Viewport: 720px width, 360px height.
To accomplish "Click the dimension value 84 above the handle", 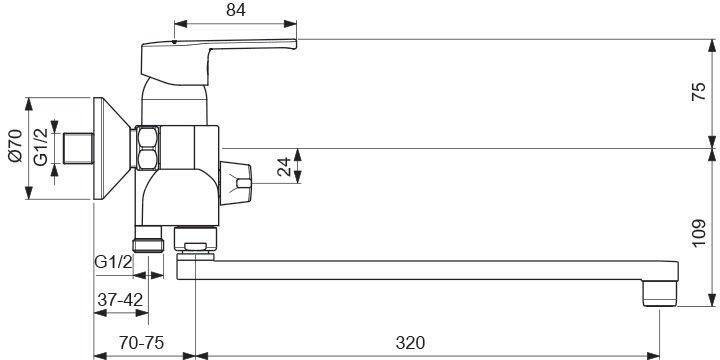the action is click(x=236, y=10).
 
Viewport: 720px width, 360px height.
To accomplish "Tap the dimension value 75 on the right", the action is click(x=698, y=92).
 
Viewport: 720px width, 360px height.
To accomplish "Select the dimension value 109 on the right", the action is click(x=698, y=233).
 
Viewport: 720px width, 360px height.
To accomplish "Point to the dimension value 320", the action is click(x=410, y=343).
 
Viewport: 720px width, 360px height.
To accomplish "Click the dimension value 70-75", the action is click(x=141, y=343).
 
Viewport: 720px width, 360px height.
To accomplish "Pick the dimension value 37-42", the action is click(x=120, y=300).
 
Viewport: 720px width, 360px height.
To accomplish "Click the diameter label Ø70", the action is click(x=16, y=146).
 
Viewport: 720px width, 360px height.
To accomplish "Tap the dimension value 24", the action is click(x=284, y=167).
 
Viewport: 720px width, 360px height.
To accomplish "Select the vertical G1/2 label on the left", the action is click(x=41, y=146).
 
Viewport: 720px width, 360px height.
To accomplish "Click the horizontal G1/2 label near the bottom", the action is click(x=113, y=262).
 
